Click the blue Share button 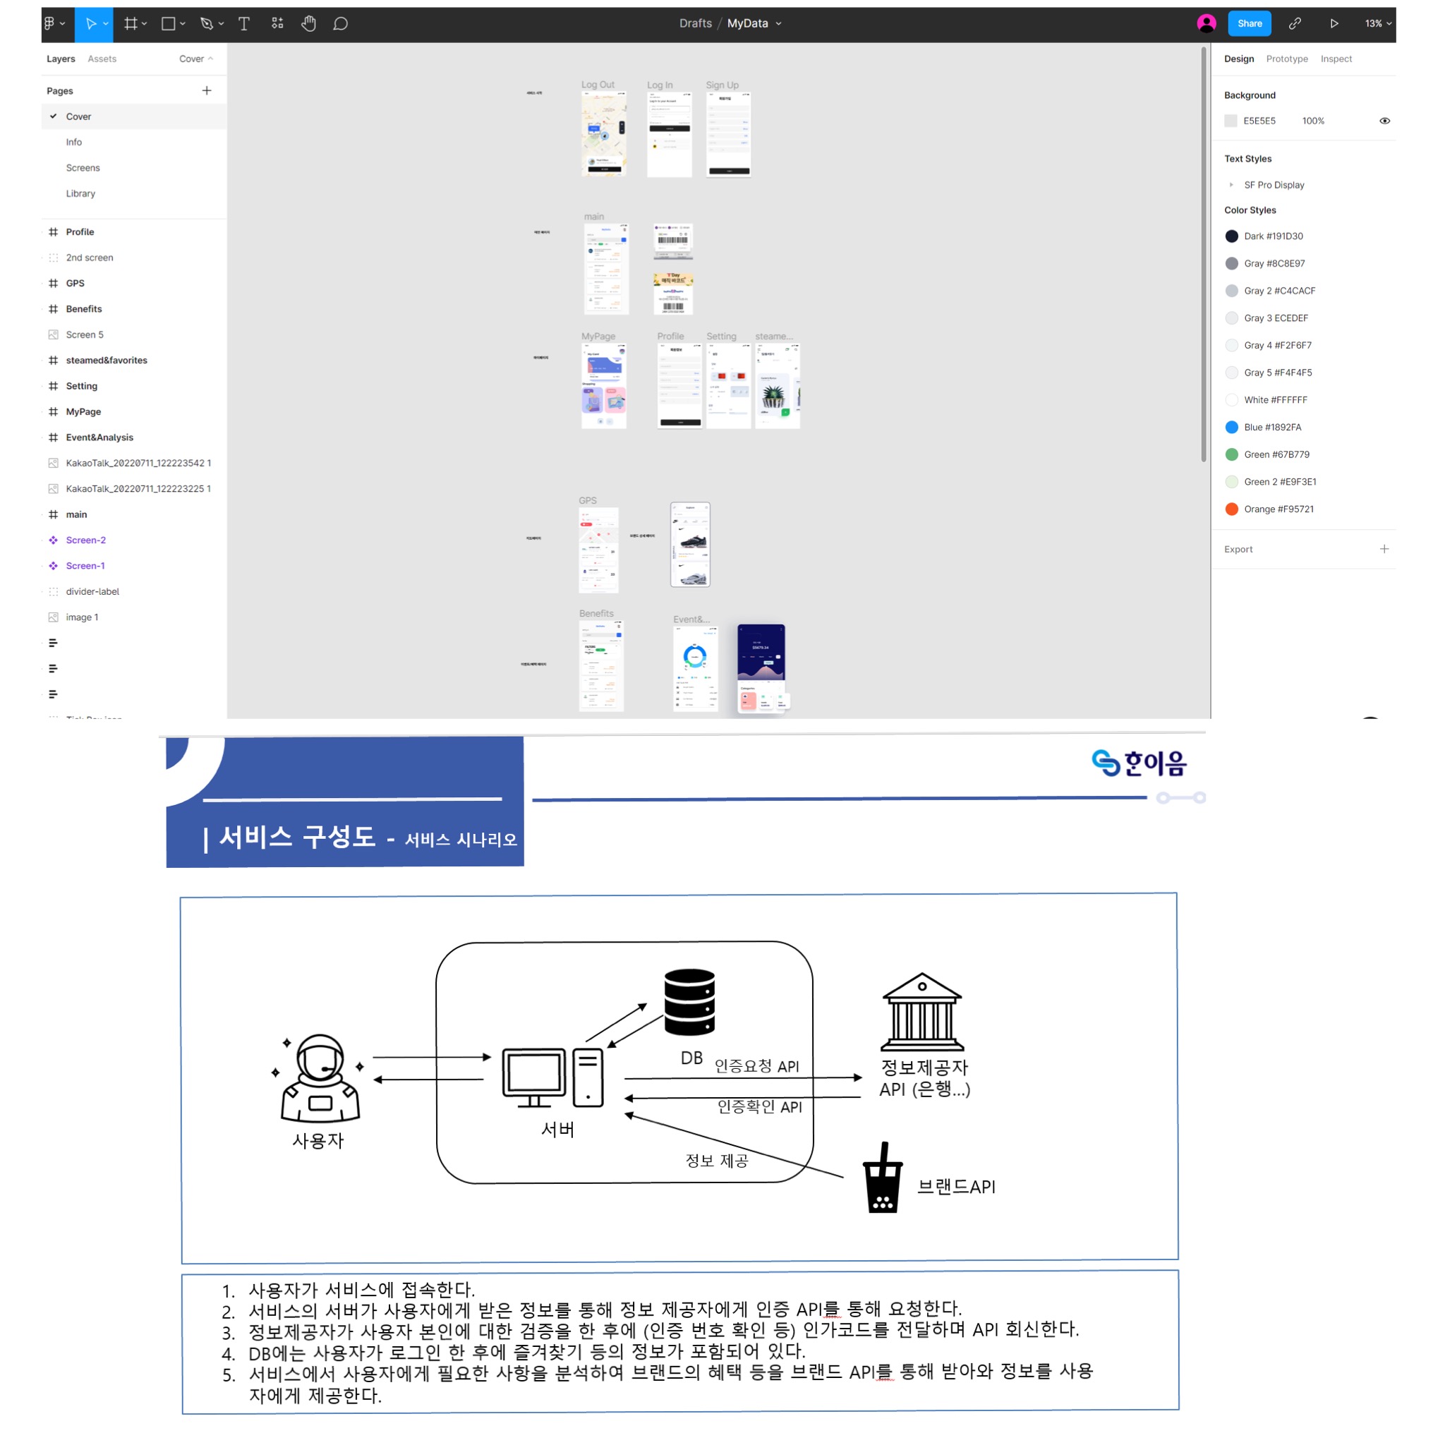(1249, 24)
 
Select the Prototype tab (1286, 59)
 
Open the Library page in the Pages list (80, 194)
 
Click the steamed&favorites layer (107, 361)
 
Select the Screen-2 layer (85, 540)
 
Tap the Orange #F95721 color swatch (1232, 509)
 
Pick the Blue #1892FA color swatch (1232, 427)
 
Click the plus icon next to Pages (207, 90)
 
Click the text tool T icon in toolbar (244, 24)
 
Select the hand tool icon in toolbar (308, 24)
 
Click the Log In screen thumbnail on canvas (670, 135)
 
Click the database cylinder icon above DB (689, 1001)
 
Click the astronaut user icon (320, 1079)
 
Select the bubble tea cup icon (883, 1178)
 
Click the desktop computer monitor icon (534, 1077)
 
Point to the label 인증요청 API (757, 1066)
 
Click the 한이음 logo (1138, 763)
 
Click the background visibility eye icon (1384, 121)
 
